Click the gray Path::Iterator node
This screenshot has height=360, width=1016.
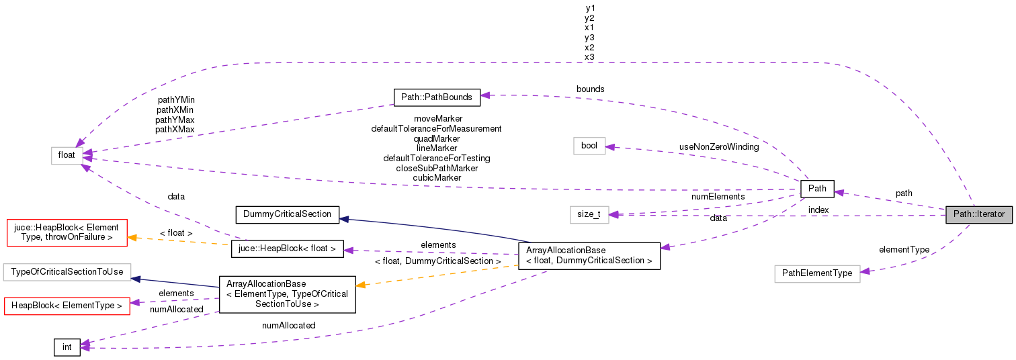pos(978,215)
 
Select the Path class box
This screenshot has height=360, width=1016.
pos(817,189)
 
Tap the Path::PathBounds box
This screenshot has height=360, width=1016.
pos(437,97)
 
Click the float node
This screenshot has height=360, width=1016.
pos(67,155)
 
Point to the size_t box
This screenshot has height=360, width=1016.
pos(589,214)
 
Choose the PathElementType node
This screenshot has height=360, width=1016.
pos(817,273)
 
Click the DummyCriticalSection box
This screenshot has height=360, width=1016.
pos(287,214)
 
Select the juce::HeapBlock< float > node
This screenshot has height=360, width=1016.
pos(288,250)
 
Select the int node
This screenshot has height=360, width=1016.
pos(67,347)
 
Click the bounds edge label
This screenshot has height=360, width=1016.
pos(590,89)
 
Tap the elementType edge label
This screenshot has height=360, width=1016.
pos(904,249)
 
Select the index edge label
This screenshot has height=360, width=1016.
pos(818,210)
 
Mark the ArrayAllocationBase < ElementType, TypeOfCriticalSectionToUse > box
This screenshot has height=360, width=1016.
pos(287,294)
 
